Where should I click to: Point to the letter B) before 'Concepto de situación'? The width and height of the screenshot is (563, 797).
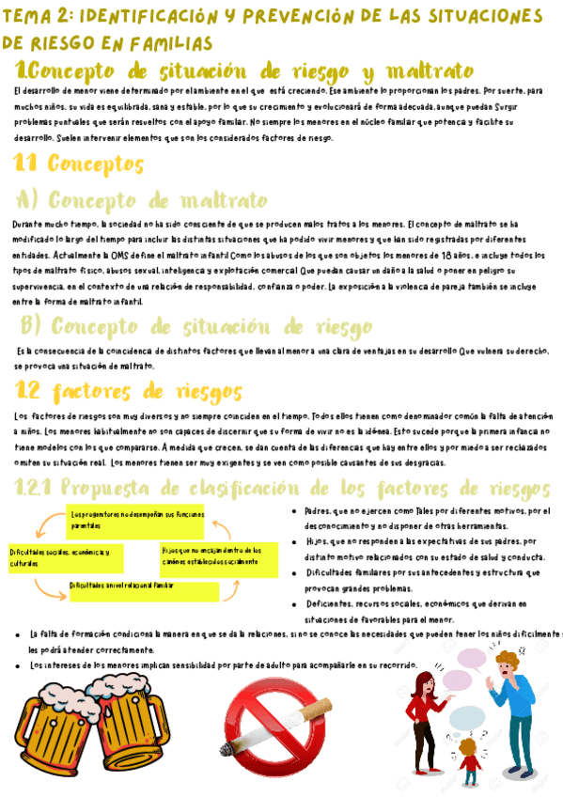31,326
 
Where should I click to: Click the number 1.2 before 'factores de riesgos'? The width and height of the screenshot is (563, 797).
29,390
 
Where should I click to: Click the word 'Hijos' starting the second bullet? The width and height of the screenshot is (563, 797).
317,542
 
